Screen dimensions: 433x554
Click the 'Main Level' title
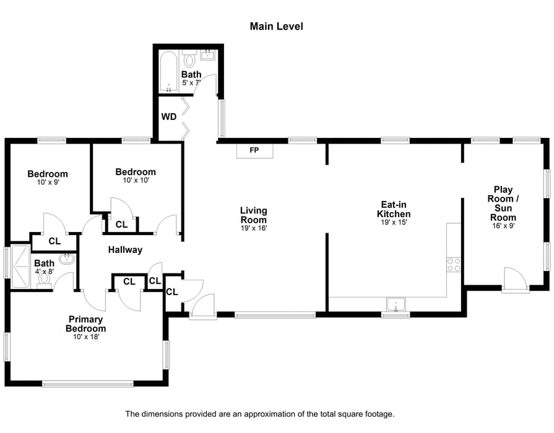click(276, 26)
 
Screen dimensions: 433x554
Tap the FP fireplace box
click(254, 150)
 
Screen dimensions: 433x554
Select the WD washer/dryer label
click(169, 116)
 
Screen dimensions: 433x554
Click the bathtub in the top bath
click(169, 72)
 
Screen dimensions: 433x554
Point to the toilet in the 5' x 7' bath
click(189, 60)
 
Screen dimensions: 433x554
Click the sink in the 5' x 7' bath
click(207, 56)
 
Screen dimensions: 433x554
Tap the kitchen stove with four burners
click(454, 265)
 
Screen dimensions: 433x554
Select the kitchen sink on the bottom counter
click(394, 304)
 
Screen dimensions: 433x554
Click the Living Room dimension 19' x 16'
click(254, 228)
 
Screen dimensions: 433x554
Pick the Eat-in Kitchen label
click(394, 209)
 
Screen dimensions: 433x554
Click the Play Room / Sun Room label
click(503, 204)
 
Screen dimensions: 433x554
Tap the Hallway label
click(125, 250)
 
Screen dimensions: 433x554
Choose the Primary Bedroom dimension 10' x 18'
click(86, 337)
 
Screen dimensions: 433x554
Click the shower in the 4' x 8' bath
click(20, 267)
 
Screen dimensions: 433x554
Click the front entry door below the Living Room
click(202, 307)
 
